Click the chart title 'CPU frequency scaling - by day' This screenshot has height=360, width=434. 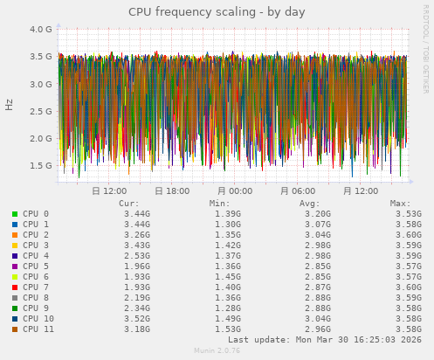tap(217, 12)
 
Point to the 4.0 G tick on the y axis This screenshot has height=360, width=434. tap(41, 29)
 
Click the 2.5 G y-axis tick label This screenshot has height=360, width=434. tap(41, 111)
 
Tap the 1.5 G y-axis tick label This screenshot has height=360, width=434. tap(41, 165)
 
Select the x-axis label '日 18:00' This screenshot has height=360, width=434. tap(171, 190)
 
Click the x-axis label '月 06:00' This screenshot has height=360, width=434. tap(298, 190)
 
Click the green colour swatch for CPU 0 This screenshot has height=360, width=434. tap(15, 214)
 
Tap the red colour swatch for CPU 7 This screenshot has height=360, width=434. tap(15, 287)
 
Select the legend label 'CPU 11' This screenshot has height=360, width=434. tap(38, 329)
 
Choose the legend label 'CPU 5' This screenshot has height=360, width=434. tap(36, 267)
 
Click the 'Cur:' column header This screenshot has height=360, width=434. tap(127, 203)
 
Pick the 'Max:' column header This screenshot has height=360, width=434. tap(401, 203)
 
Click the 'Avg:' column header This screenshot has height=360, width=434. tap(309, 203)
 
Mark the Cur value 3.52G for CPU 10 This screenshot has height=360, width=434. tap(137, 319)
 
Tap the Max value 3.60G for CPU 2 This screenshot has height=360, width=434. tap(409, 235)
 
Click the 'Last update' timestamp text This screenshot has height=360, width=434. tap(324, 340)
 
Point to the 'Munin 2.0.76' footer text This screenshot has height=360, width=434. tap(217, 351)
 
